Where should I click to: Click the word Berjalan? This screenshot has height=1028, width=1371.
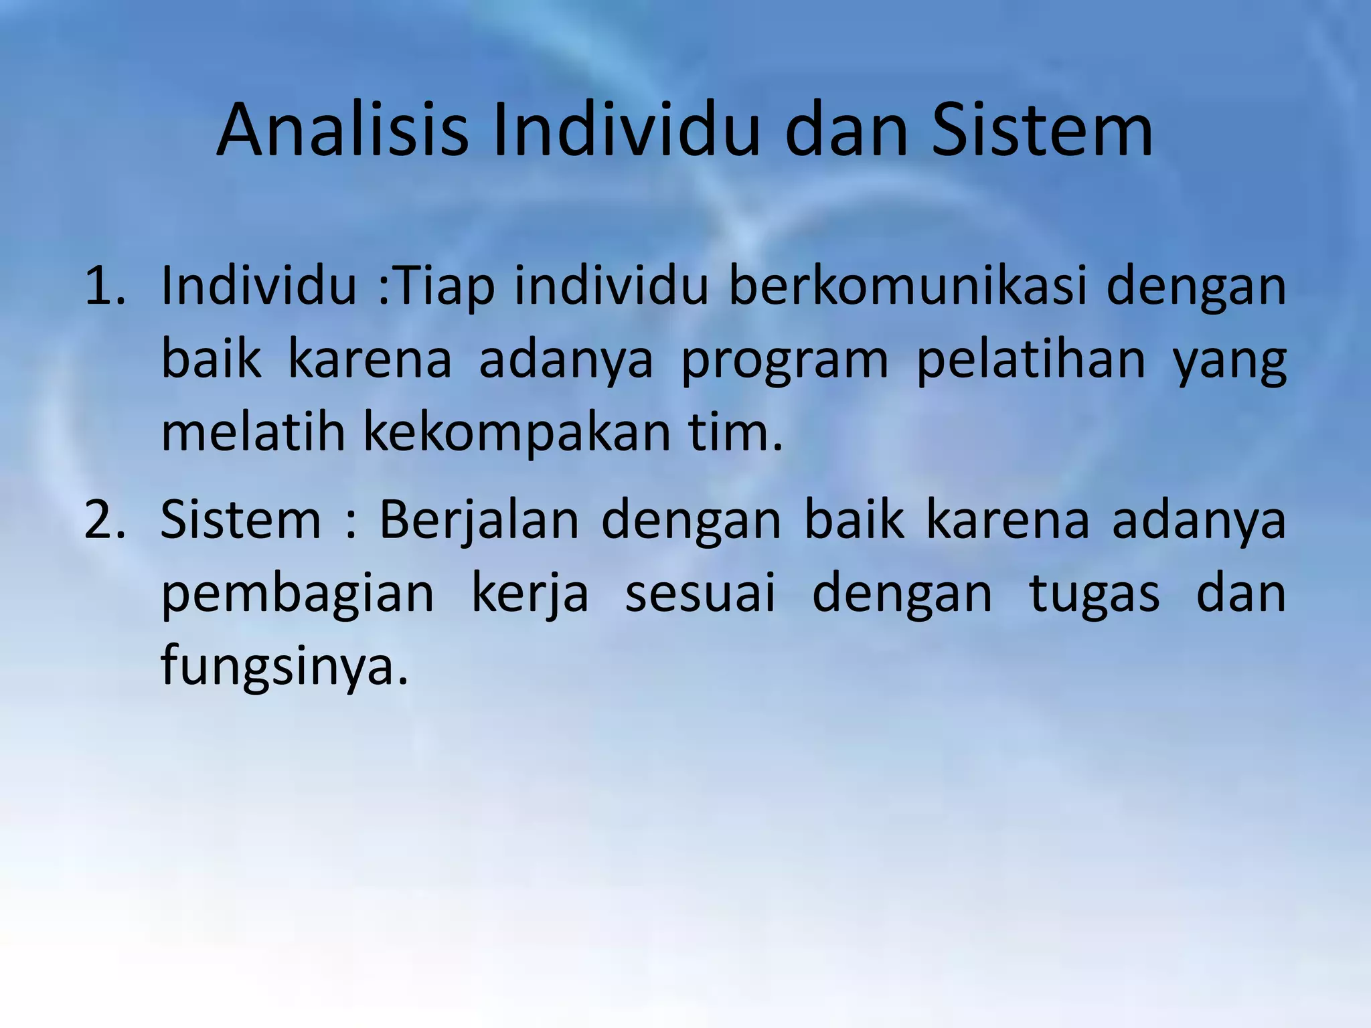tap(479, 521)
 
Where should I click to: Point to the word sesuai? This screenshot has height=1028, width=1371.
tap(700, 594)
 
